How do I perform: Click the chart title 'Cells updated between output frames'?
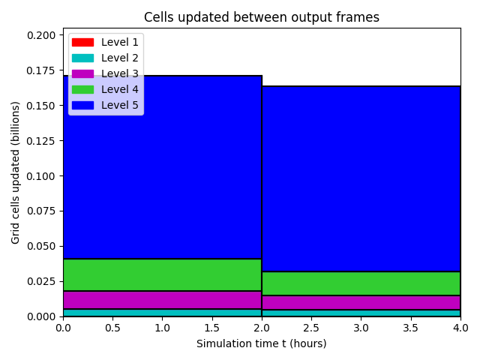(262, 17)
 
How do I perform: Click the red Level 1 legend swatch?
(82, 42)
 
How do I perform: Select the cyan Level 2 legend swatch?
(82, 58)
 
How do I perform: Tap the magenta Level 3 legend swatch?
(82, 73)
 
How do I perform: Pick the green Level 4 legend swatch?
(82, 89)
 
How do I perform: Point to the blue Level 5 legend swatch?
(82, 105)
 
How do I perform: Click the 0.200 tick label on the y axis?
(41, 35)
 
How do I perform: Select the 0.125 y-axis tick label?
(41, 141)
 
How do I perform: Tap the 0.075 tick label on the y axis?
(41, 211)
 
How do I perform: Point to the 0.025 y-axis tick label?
(41, 281)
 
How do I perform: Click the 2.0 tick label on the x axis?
(262, 328)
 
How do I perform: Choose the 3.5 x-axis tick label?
(411, 328)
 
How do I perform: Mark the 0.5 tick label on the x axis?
(113, 328)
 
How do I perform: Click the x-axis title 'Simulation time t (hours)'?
(262, 343)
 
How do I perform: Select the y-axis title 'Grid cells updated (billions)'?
(15, 172)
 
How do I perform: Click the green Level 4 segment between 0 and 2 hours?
(162, 275)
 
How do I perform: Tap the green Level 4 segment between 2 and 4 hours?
(361, 283)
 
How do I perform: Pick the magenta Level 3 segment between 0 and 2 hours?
(162, 300)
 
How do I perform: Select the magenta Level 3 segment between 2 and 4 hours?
(361, 303)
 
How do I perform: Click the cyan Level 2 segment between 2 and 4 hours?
(361, 313)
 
